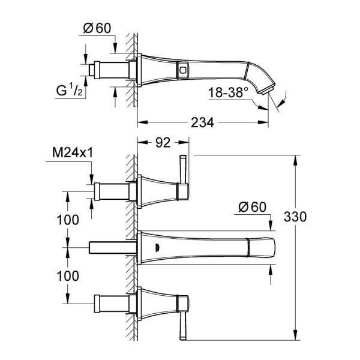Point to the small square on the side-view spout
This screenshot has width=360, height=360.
click(x=181, y=70)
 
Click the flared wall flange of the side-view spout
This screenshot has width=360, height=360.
click(x=146, y=70)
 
